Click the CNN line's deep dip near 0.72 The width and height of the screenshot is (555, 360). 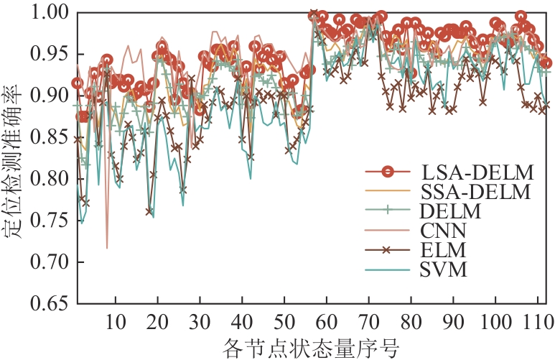[107, 248]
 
